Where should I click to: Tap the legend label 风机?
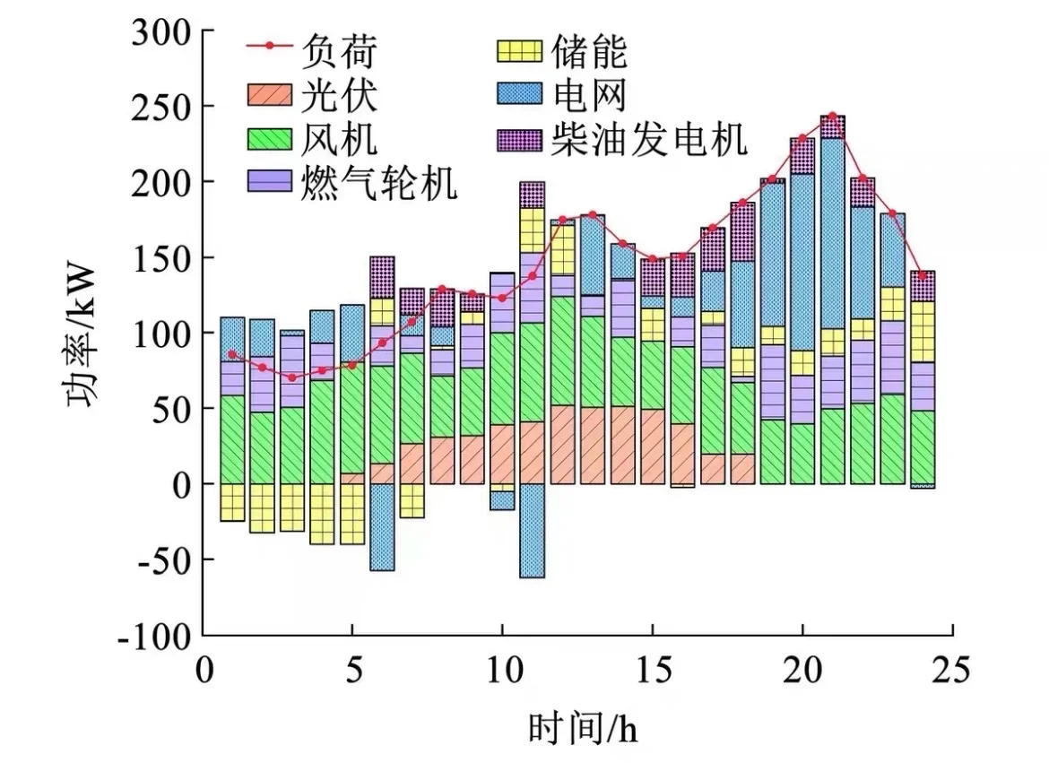(344, 140)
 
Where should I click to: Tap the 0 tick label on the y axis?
(182, 485)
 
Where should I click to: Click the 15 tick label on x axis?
(652, 668)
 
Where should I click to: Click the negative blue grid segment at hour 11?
(532, 531)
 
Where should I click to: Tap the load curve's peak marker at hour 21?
(832, 116)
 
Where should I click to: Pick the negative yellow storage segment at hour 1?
(232, 502)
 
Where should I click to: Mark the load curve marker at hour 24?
(922, 275)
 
